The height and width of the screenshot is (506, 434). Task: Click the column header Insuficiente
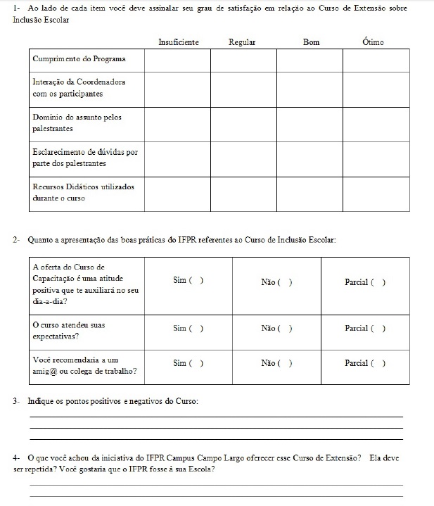coord(179,42)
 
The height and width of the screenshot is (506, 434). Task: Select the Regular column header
coord(242,42)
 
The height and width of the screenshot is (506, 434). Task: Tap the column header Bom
coord(311,42)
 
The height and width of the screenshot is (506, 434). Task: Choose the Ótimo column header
coord(373,42)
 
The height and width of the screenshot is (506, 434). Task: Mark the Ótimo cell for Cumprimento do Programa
coord(376,61)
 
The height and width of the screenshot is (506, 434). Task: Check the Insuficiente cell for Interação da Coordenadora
coord(177,89)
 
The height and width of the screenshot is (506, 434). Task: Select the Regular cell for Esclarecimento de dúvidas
coord(243,158)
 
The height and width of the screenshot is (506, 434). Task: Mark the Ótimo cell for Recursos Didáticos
coord(376,194)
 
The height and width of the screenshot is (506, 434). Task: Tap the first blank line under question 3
coord(216,417)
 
